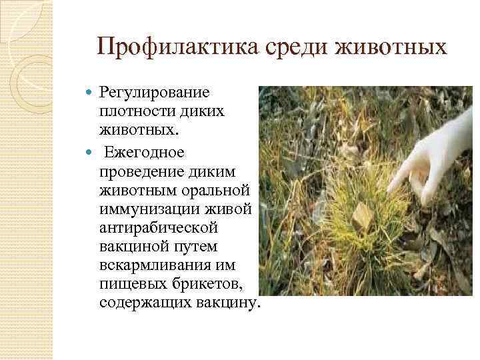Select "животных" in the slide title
coord(393,47)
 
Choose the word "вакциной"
coord(130,247)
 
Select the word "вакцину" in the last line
coord(225,304)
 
